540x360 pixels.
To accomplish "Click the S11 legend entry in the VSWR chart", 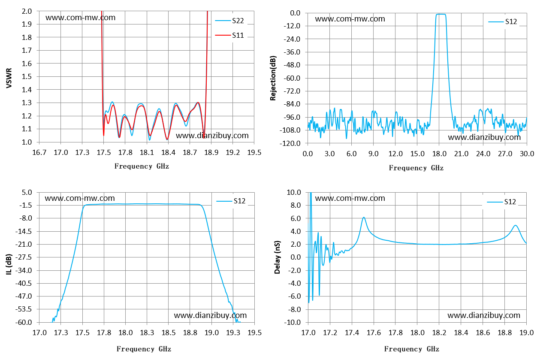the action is tap(229, 35).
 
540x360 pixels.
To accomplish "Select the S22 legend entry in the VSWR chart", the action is tap(229, 21).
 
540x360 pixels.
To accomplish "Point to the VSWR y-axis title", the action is tap(9, 78).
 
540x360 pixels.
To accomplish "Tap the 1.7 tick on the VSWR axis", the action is tap(27, 50).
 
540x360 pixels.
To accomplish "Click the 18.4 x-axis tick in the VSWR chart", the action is tap(168, 152).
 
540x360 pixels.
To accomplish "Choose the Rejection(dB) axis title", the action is tap(273, 78).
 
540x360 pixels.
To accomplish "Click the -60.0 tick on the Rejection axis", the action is tap(292, 78).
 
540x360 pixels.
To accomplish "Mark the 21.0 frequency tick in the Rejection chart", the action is tap(461, 154).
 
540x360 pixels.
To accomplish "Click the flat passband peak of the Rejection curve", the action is tap(441, 14).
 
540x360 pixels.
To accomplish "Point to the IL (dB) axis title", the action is tap(9, 264).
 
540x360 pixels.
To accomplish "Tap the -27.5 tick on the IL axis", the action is tap(24, 257).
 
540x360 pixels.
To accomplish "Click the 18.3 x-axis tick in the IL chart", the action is tap(147, 333).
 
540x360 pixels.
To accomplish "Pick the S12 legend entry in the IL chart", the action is tap(231, 201).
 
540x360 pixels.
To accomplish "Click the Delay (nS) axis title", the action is tap(278, 257).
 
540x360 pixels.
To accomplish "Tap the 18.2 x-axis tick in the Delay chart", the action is tap(439, 333).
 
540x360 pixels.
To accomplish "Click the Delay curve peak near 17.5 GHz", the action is tap(364, 218).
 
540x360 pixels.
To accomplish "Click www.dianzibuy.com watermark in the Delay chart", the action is tap(484, 315).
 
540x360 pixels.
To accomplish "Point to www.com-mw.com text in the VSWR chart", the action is tap(81, 18).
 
